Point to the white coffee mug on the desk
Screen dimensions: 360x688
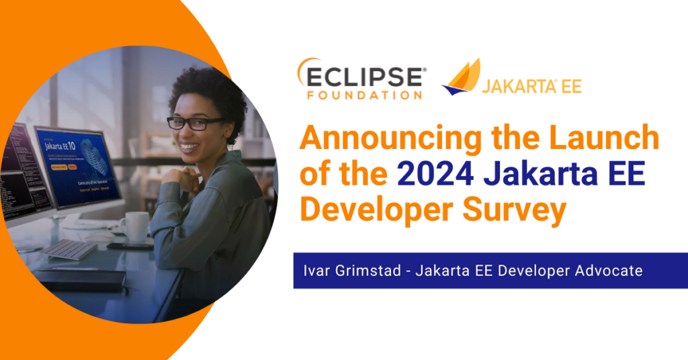click(x=136, y=226)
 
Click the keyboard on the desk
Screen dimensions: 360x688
click(x=70, y=249)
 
